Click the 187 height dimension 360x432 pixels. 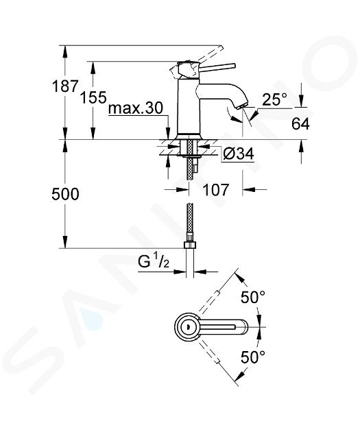pyautogui.click(x=65, y=86)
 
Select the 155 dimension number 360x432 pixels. pyautogui.click(x=93, y=97)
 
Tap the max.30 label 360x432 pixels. pyautogui.click(x=136, y=108)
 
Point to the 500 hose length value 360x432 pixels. pyautogui.click(x=65, y=194)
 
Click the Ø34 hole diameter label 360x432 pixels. pyautogui.click(x=239, y=153)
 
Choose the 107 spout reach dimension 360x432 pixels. pyautogui.click(x=216, y=189)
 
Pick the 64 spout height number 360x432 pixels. pyautogui.click(x=300, y=124)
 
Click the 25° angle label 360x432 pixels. pyautogui.click(x=274, y=99)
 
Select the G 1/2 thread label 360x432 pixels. pyautogui.click(x=154, y=261)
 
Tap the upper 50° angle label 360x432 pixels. pyautogui.click(x=253, y=297)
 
